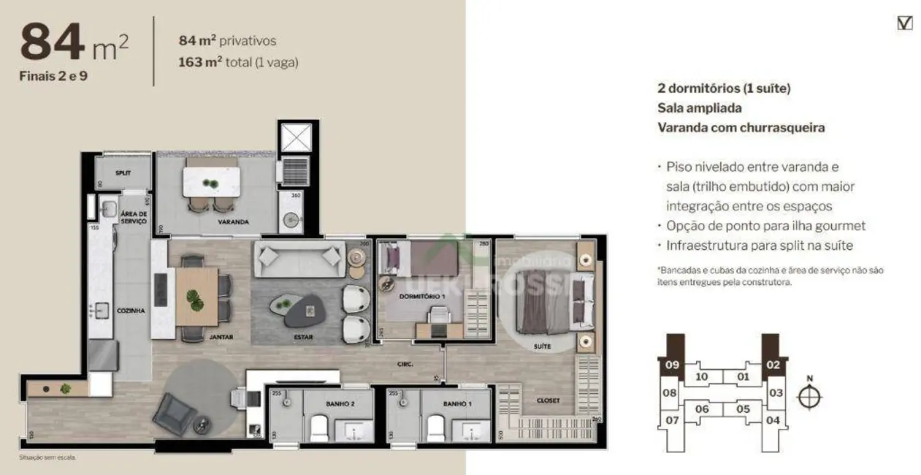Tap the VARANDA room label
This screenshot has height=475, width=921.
coord(233,221)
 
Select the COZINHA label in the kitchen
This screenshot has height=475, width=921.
coord(131,311)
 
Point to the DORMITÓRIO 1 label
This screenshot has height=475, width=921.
coord(422,296)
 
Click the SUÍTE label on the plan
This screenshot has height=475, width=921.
coord(542,346)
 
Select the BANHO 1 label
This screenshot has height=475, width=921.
coord(457,403)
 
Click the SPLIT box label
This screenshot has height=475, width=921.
coord(123,173)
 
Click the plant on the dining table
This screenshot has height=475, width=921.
coord(194,298)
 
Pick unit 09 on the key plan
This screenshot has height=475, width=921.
coord(672,365)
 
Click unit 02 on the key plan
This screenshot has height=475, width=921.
coord(773,365)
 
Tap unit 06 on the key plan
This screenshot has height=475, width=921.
coord(702,408)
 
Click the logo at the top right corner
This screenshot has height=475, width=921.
coord(904,23)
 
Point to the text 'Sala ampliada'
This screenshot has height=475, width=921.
coord(689,108)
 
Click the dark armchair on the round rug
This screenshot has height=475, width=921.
coord(174,413)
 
